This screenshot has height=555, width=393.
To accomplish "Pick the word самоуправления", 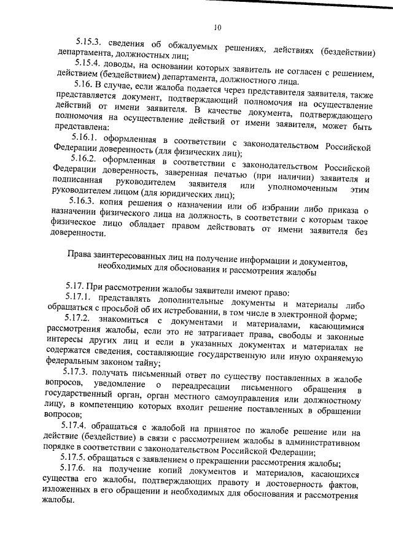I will [241, 399].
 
